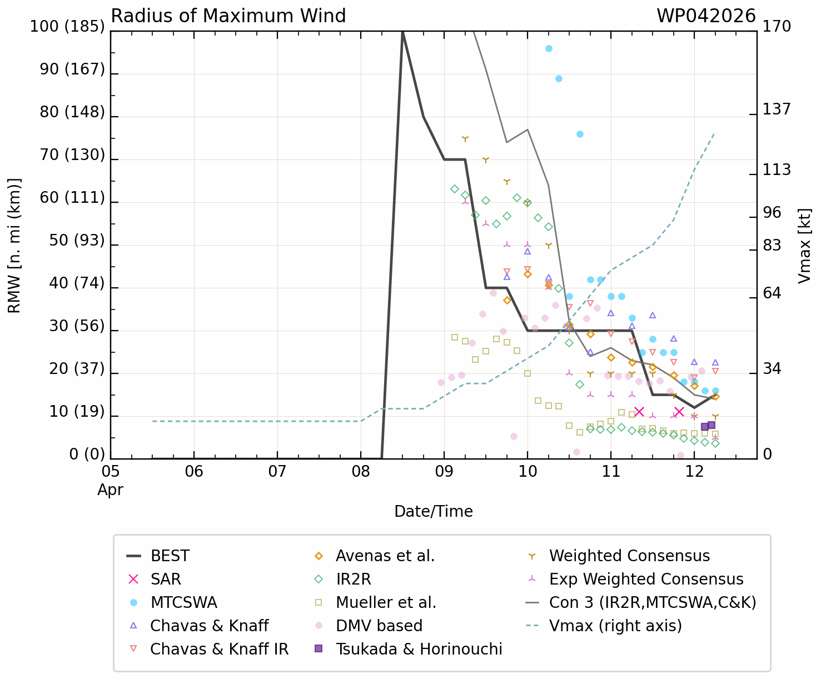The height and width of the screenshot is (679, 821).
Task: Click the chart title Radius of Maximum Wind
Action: coord(228,16)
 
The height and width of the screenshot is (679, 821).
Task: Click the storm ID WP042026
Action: coord(706,16)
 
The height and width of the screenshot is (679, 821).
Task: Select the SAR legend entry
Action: coord(166,580)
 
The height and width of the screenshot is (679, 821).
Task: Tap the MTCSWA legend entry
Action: coord(183,603)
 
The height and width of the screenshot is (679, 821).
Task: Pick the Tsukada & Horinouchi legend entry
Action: coord(419,650)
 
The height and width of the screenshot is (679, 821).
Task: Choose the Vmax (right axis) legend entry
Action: coord(615,626)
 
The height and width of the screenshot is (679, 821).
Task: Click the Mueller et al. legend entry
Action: coord(386,603)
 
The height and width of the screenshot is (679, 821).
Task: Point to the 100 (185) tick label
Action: coord(67,26)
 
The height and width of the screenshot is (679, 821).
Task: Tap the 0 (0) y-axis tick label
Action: coord(87,455)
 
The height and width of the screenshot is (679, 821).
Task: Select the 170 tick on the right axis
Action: coord(777,26)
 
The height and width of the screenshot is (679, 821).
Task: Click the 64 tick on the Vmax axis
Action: coord(772,293)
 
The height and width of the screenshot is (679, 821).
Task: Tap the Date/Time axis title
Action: coord(434,511)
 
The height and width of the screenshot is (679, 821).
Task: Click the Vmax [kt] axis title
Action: coord(804,246)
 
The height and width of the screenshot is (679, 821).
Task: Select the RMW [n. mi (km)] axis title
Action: coord(14,246)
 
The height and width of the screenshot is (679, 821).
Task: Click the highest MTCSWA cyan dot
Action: coord(549,48)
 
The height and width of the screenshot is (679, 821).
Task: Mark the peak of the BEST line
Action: coord(402,32)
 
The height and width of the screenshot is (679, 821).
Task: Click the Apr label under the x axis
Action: coord(111,490)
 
